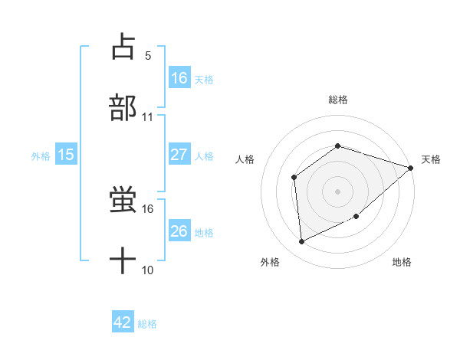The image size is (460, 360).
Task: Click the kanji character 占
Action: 123,47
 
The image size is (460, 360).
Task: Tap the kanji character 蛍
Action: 123,200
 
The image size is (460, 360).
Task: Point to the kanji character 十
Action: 123,261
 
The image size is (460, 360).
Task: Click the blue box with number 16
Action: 179,77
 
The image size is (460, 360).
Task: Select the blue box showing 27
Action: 179,155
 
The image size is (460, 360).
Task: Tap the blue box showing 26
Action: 179,231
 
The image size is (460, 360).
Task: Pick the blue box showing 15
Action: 66,155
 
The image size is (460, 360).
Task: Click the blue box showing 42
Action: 123,322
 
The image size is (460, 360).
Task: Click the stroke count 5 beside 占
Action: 148,56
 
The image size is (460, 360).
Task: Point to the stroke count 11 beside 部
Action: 148,117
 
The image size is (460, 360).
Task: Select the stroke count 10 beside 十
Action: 148,270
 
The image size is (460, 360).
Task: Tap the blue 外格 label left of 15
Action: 41,155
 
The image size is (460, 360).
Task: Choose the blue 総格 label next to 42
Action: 147,323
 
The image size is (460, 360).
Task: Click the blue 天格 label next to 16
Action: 204,78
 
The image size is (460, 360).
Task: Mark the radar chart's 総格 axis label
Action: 338,100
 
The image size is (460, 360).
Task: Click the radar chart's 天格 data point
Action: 411,168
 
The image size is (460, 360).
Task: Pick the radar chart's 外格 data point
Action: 302,242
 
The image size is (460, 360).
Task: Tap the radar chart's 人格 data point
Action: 294,178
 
